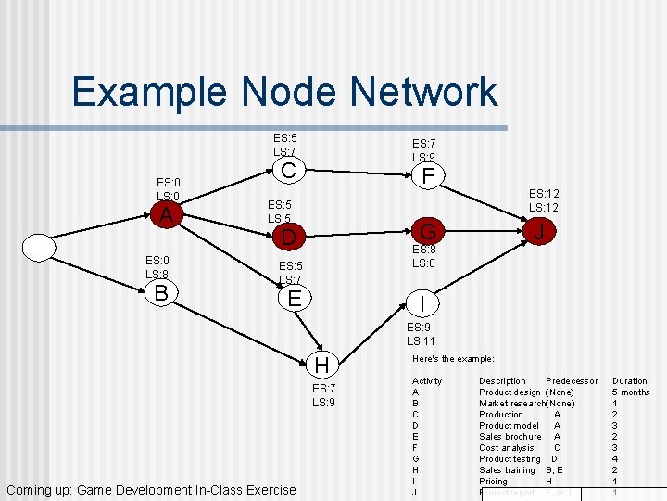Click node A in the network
[166, 215]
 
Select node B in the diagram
[161, 293]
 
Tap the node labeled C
[289, 171]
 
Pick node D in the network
[289, 238]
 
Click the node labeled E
[295, 299]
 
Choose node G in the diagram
[427, 231]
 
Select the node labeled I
[422, 303]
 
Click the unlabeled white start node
[40, 248]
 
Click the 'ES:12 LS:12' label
[544, 200]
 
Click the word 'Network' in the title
[369, 92]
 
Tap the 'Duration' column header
[630, 381]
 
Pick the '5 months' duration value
[631, 392]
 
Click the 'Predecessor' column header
[572, 381]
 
